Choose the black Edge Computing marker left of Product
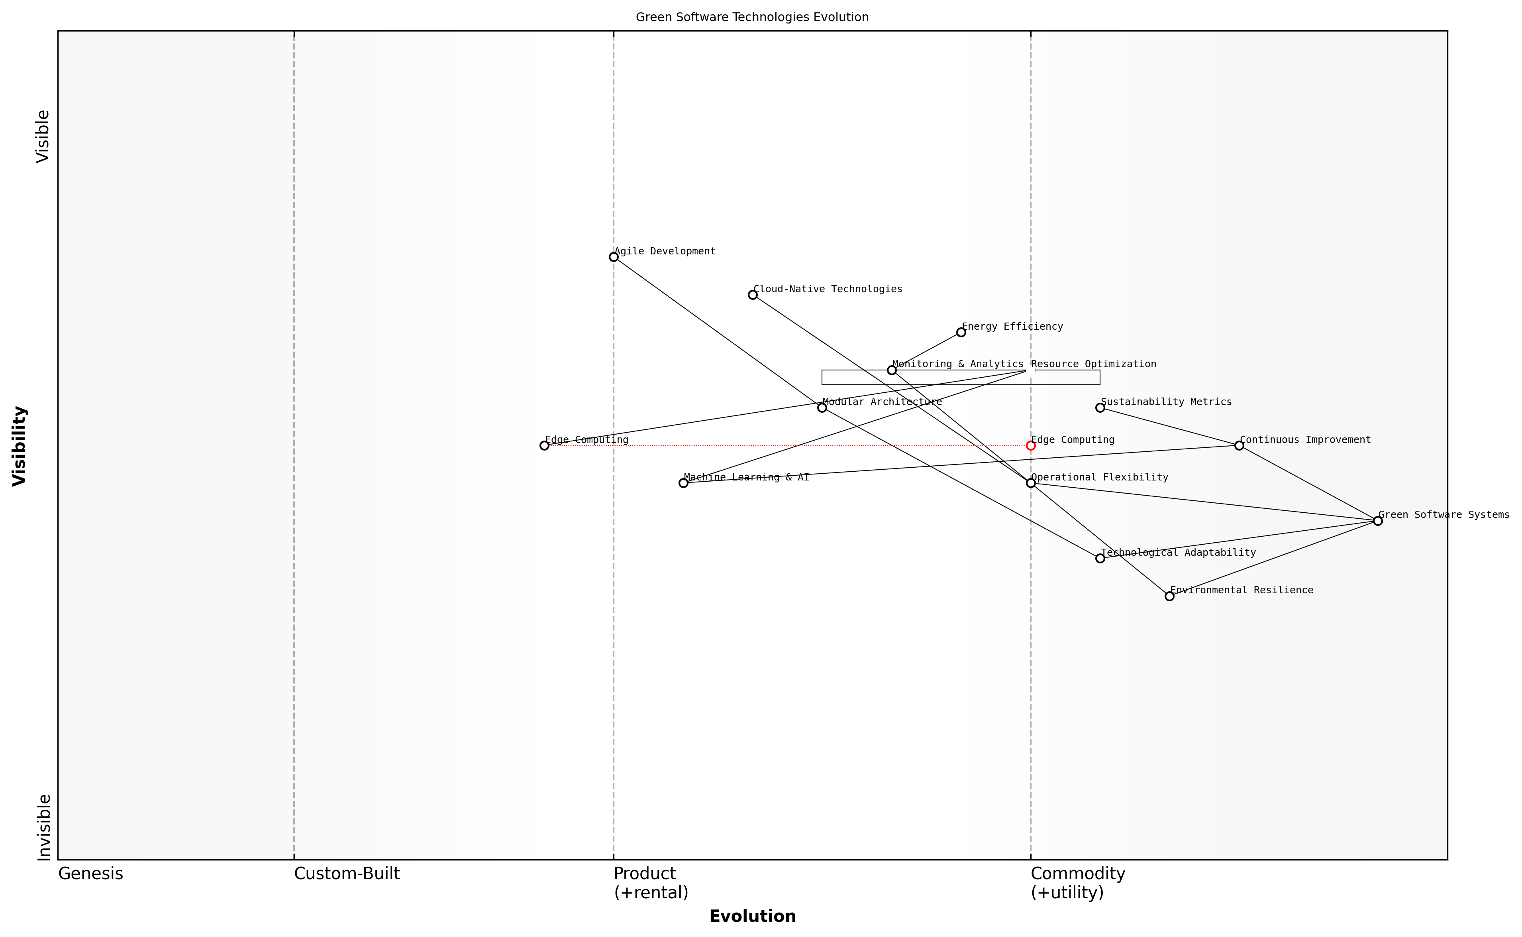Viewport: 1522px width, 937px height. tap(544, 445)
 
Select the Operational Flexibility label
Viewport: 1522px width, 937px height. tap(1100, 477)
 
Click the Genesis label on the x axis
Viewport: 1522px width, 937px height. tap(90, 874)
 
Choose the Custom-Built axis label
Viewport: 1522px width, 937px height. tap(347, 874)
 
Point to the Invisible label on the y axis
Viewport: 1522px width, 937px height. tap(43, 827)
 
